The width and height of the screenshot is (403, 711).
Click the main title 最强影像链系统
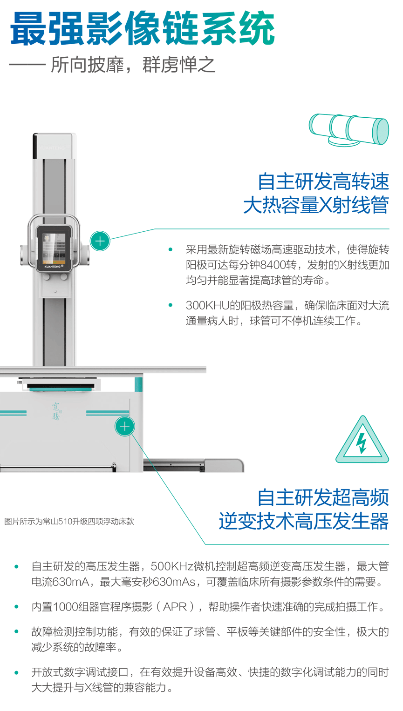coord(143,28)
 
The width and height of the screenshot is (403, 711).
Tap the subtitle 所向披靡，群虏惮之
coord(133,65)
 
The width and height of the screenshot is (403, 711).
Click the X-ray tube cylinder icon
coord(349,130)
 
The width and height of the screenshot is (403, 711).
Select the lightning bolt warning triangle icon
coord(362,440)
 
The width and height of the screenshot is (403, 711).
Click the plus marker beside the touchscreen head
coord(100,241)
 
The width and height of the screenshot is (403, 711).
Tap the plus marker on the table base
coord(125,426)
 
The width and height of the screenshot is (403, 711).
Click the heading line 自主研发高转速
coord(323,182)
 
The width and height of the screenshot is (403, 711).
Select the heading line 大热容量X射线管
coord(316,205)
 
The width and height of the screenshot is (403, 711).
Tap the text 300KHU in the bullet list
coord(207,305)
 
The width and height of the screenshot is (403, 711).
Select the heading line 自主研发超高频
coord(323,497)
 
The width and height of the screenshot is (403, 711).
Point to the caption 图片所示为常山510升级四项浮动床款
coord(69,522)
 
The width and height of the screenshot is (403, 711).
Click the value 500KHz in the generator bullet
coord(172,566)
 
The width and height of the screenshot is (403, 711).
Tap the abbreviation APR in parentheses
coord(175,607)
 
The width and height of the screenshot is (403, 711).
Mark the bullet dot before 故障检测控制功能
coord(16,631)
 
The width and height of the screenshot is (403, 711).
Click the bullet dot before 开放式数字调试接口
coord(16,672)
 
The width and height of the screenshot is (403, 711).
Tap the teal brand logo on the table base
coord(56,411)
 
